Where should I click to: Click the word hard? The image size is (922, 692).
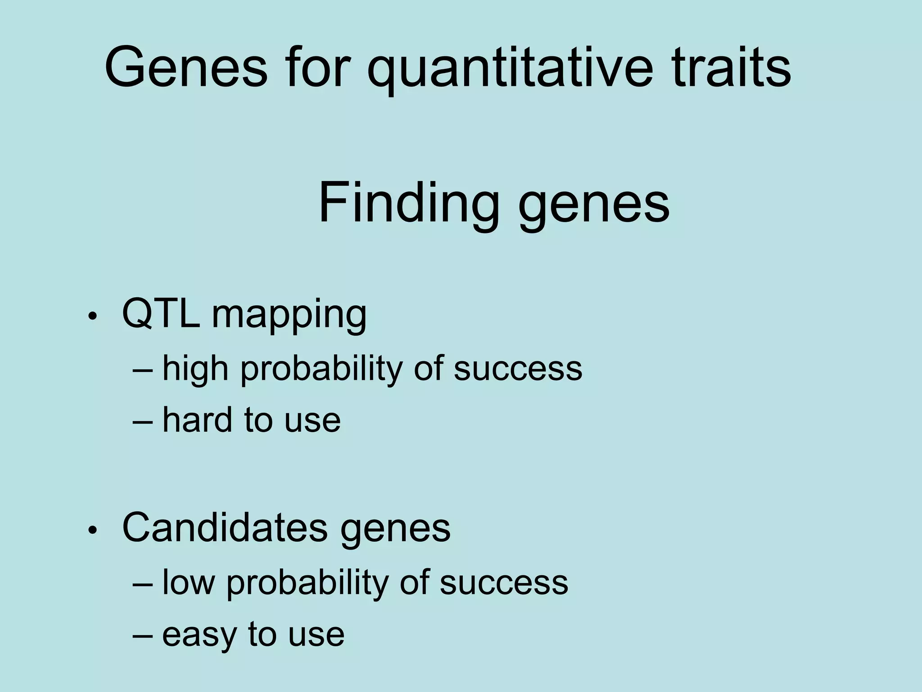(196, 419)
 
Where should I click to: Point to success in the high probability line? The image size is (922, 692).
(518, 369)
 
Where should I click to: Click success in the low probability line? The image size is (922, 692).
(504, 583)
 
